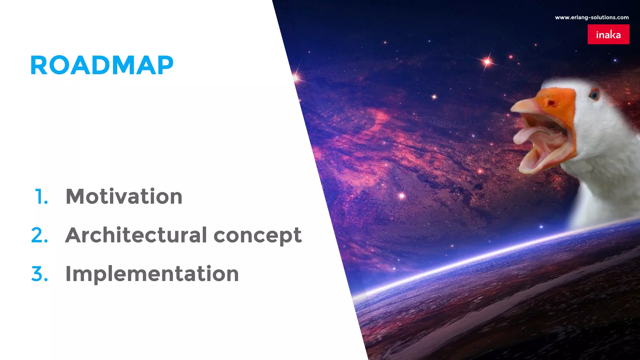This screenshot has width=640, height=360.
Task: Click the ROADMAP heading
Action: pyautogui.click(x=102, y=65)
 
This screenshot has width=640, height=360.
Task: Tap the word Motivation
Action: pyautogui.click(x=124, y=197)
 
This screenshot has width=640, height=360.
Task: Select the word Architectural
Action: pyautogui.click(x=136, y=235)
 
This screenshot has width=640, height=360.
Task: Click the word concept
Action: pyautogui.click(x=257, y=236)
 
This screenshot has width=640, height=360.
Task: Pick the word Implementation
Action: pyautogui.click(x=152, y=274)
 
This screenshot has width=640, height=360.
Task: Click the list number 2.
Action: pyautogui.click(x=40, y=235)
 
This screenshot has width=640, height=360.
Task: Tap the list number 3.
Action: pyautogui.click(x=40, y=274)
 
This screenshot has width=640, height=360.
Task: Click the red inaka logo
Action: pyautogui.click(x=608, y=34)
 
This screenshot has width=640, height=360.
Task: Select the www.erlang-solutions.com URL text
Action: pyautogui.click(x=592, y=17)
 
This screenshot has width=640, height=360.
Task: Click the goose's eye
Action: pyautogui.click(x=594, y=94)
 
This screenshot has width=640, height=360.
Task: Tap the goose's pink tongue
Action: pyautogui.click(x=528, y=134)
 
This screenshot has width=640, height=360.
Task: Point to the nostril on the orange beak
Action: pyautogui.click(x=551, y=103)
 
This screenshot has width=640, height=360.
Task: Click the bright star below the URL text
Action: pyautogui.click(x=487, y=62)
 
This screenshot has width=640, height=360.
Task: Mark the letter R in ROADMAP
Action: pyautogui.click(x=40, y=65)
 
